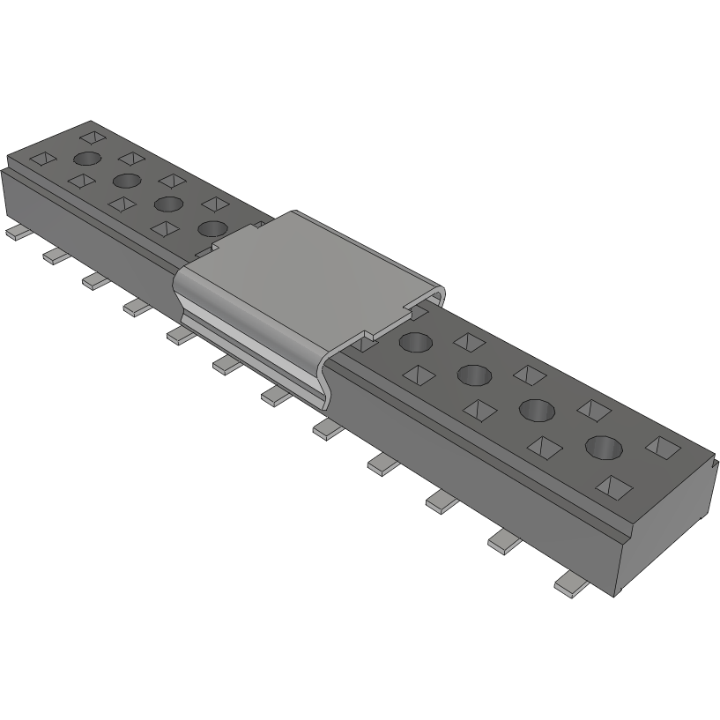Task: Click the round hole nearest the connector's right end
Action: [x=604, y=447]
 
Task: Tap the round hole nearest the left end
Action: [x=86, y=159]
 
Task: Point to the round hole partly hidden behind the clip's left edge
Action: [x=212, y=229]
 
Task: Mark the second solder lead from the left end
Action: [x=53, y=256]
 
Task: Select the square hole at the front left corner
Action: [x=43, y=160]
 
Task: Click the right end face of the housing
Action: [x=670, y=529]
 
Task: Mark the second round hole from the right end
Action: [x=537, y=410]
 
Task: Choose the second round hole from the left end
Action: [x=126, y=182]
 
